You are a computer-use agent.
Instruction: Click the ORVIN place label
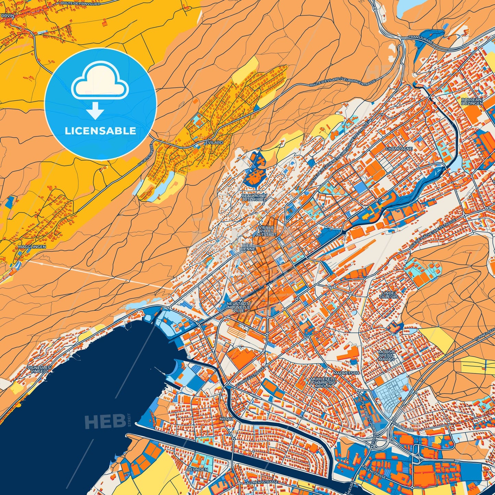pyautogui.click(x=7, y=15)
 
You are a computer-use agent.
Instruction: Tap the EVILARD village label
pyautogui.click(x=214, y=142)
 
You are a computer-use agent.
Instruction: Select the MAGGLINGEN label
pyautogui.click(x=32, y=246)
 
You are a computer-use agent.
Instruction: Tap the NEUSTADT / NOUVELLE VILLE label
pyautogui.click(x=239, y=307)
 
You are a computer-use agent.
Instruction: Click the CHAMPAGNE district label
pyautogui.click(x=399, y=149)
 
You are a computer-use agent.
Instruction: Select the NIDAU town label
pyautogui.click(x=226, y=419)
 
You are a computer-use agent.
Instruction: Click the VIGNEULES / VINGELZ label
pyautogui.click(x=39, y=369)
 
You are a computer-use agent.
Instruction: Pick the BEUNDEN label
pyautogui.click(x=198, y=469)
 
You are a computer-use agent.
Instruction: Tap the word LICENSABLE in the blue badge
pyautogui.click(x=101, y=131)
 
